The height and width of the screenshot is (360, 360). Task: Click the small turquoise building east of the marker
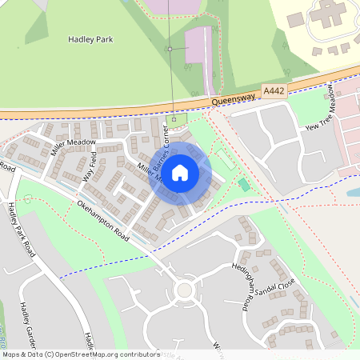243,185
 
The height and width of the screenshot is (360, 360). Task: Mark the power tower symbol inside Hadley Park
170,49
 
